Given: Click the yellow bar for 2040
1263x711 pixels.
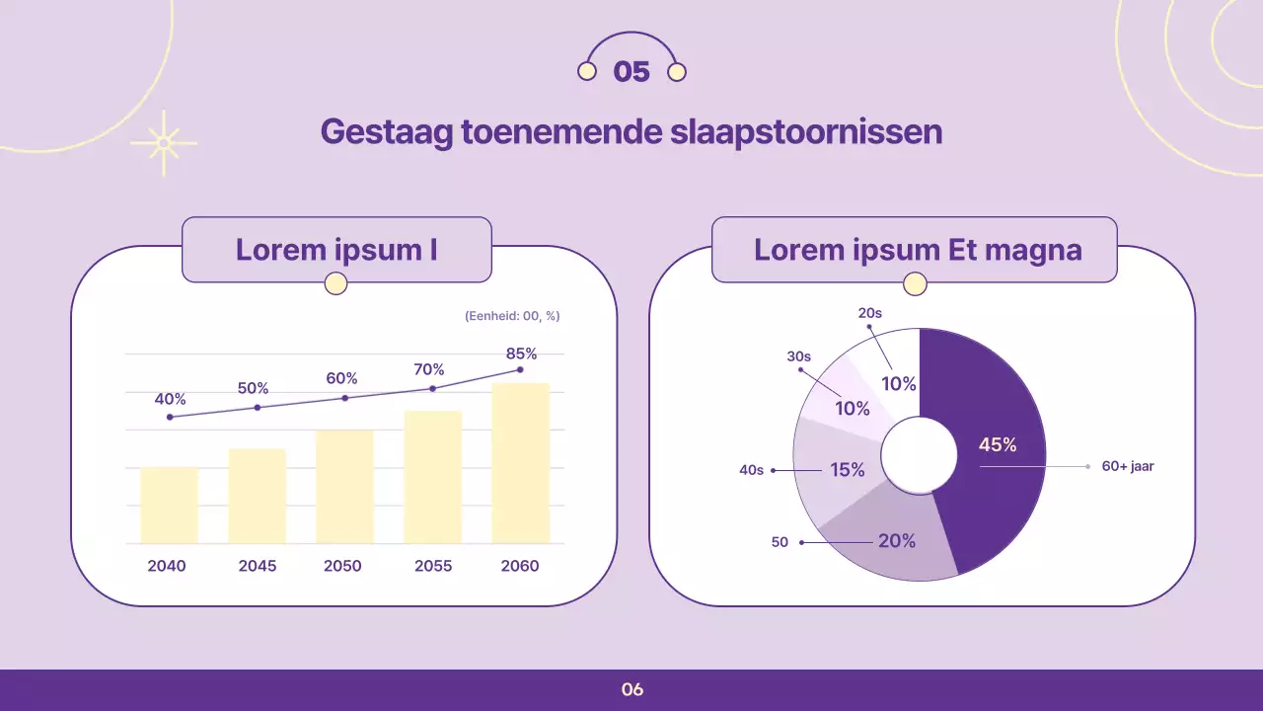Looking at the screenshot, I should (169, 505).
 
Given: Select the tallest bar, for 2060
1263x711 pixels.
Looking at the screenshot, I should (520, 463).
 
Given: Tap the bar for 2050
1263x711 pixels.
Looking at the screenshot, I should (344, 486).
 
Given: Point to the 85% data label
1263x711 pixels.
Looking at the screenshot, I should (521, 354).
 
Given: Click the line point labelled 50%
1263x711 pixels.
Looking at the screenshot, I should (258, 407).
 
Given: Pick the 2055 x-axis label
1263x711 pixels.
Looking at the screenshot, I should (433, 566).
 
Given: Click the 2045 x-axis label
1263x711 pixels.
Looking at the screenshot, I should (258, 566).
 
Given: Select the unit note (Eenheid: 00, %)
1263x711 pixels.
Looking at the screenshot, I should (511, 316).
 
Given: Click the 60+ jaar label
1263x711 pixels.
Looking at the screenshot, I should (1128, 466).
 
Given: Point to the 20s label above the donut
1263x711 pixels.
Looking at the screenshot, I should (869, 313).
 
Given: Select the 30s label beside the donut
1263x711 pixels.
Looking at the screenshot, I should (798, 356).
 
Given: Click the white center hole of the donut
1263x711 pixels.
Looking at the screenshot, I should (919, 455).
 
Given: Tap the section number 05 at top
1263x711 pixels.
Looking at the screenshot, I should (631, 71).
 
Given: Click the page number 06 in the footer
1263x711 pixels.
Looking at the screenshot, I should (632, 689).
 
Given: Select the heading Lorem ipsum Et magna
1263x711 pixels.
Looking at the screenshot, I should (918, 250).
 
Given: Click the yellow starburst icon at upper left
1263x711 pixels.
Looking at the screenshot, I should (164, 143).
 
